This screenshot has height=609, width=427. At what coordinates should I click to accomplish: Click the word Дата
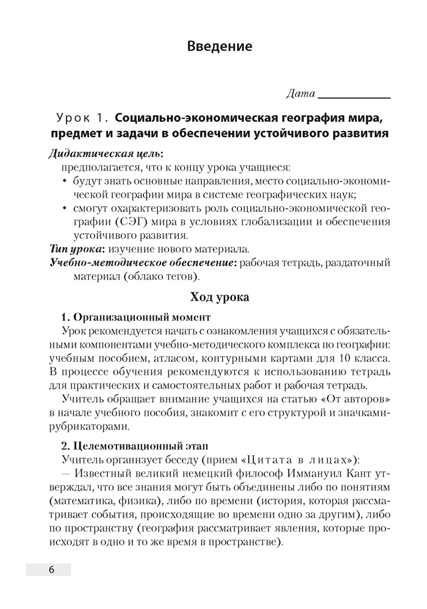[x=300, y=94]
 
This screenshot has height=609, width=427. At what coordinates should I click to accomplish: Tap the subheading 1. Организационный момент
[x=137, y=317]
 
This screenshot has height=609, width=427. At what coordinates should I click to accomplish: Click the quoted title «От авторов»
[x=348, y=399]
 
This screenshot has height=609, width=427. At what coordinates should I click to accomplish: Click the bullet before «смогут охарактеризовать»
[x=65, y=208]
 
